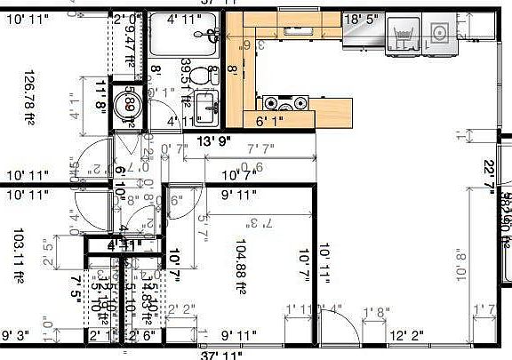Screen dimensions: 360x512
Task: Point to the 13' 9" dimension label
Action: tap(214, 141)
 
